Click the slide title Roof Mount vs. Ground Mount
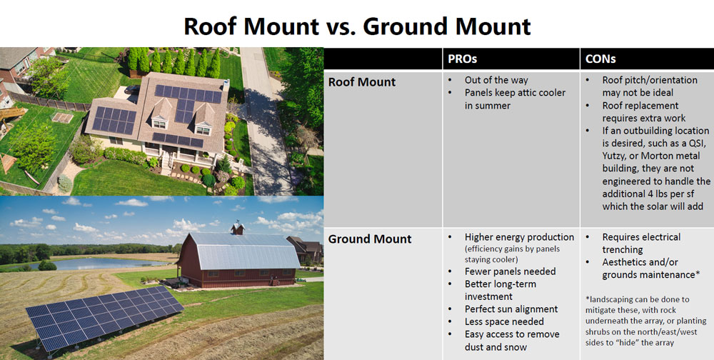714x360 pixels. [357, 26]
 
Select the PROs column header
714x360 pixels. [463, 59]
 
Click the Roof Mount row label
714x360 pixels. [362, 81]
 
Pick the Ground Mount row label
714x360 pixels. [370, 239]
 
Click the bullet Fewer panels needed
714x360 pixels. [510, 271]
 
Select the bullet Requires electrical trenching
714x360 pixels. [641, 243]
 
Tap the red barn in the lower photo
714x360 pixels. [236, 261]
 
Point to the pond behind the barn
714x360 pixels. [107, 263]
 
